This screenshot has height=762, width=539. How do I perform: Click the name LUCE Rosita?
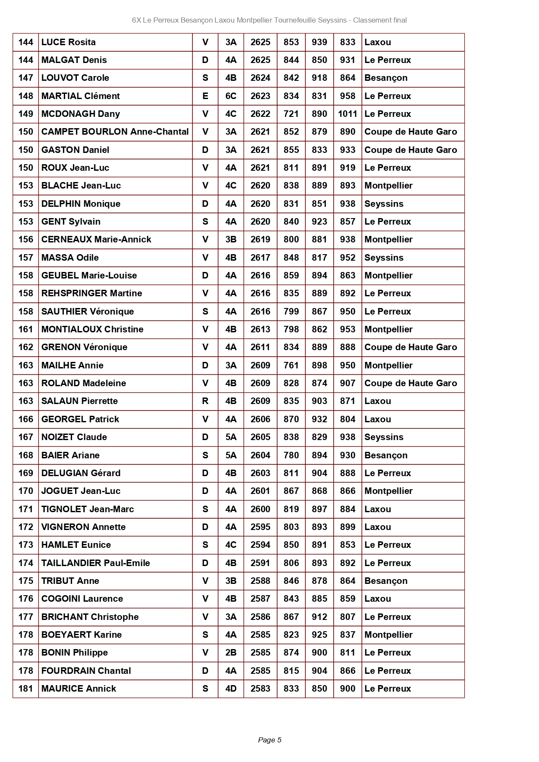point(68,42)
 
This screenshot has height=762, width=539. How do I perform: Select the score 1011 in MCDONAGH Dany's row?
point(347,114)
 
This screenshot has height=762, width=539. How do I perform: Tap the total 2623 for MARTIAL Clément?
point(260,96)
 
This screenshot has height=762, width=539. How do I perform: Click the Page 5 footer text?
point(270,740)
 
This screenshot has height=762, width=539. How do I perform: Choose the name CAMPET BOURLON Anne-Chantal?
point(115,132)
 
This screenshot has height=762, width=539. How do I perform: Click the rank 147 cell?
point(26,78)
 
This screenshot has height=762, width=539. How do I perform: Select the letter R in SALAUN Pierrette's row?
point(205,401)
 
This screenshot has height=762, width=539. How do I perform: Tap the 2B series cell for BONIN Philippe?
point(231,653)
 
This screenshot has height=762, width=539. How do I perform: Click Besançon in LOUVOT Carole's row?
point(386,78)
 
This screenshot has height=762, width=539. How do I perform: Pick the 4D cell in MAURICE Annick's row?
point(231,689)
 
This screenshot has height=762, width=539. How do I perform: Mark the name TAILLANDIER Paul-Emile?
point(96,563)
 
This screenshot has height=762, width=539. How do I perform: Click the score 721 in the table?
point(291,114)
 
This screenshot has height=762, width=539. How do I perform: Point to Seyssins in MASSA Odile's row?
point(384,258)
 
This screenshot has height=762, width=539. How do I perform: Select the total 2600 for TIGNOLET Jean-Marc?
point(260,509)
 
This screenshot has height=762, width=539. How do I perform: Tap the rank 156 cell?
point(26,239)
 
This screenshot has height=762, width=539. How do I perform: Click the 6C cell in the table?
point(231,96)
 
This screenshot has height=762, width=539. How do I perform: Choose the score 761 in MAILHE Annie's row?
point(291,365)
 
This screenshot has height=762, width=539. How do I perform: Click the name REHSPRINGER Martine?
point(92,293)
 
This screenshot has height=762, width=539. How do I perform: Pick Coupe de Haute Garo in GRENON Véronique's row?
point(410,347)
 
